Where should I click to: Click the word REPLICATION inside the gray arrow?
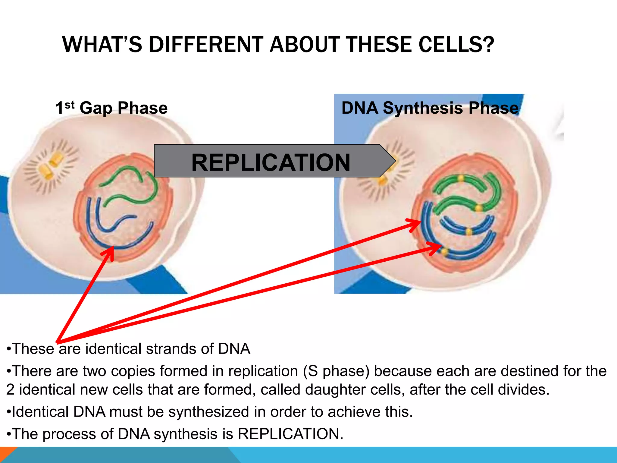pos(271,162)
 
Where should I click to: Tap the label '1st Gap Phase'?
pos(111,108)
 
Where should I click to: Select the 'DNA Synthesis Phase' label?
pos(430,108)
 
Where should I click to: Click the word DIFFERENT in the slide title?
pos(206,45)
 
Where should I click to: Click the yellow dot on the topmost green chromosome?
pos(461,178)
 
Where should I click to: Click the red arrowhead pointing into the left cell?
pos(110,252)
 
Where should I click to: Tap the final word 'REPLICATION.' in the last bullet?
pos(290,434)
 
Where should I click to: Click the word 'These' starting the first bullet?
pos(33,349)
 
